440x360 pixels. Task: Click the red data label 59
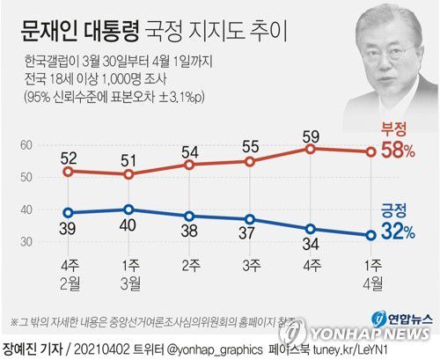[312, 136]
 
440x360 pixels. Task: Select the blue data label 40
[128, 224]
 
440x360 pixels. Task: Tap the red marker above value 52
[69, 171]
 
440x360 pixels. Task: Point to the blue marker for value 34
[311, 229]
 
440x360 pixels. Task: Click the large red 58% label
[397, 151]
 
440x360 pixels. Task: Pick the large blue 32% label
[397, 233]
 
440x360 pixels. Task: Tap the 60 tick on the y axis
[26, 144]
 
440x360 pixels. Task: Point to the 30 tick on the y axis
[26, 241]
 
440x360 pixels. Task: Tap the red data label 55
[251, 147]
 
